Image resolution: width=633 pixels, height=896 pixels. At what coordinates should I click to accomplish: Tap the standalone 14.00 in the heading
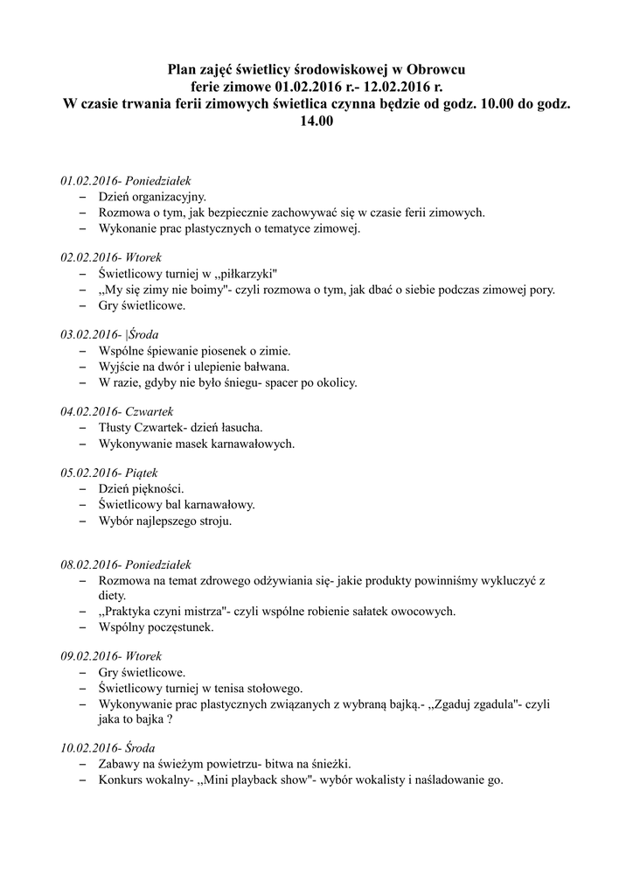316,123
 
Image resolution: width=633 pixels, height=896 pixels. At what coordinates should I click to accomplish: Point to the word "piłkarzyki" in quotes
247,274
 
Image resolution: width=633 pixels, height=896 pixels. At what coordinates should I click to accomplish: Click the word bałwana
267,367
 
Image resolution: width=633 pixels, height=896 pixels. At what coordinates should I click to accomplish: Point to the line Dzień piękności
141,488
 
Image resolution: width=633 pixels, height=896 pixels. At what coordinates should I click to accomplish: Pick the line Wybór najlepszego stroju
165,521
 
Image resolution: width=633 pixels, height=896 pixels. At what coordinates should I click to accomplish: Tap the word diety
113,595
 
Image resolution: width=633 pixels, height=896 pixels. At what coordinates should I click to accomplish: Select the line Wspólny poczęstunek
156,627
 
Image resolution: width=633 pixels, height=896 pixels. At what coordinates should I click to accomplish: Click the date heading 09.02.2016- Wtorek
111,655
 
